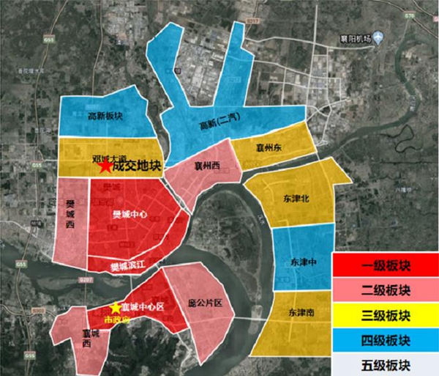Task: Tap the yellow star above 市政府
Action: [115, 308]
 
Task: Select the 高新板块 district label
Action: [105, 116]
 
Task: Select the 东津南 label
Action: [301, 312]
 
